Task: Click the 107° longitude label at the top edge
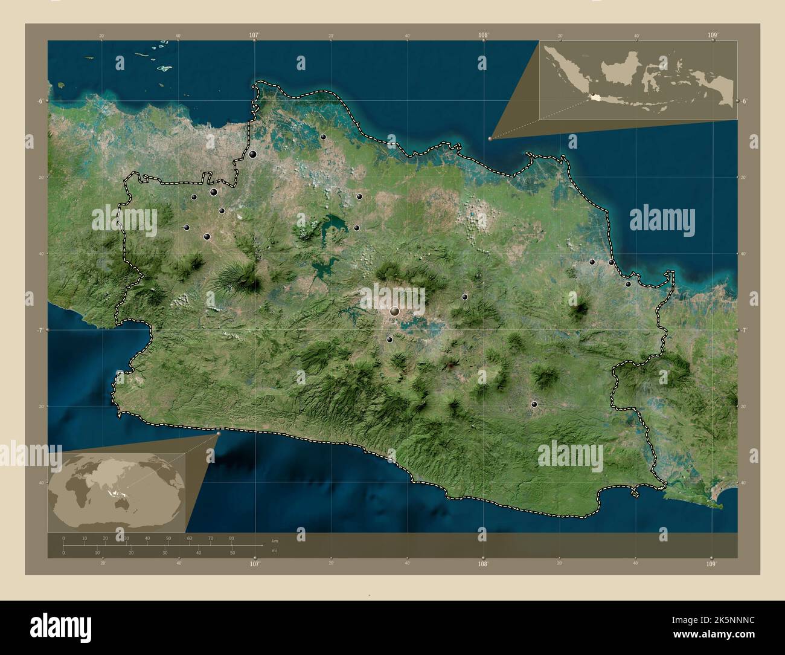coord(254,36)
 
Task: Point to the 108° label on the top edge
coord(483,36)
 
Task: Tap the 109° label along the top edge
coord(713,36)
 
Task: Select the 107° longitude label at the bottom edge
coord(254,564)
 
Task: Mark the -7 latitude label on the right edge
coord(746,330)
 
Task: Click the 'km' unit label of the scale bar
coord(275,540)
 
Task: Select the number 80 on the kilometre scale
coord(232,538)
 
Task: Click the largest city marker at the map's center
coord(395,311)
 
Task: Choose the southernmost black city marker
coord(534,404)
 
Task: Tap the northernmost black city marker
coord(324,137)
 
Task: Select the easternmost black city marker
coord(628,284)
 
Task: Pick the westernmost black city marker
coord(187,228)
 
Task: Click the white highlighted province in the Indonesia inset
coord(596,97)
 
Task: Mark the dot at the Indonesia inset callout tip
coord(490,138)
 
